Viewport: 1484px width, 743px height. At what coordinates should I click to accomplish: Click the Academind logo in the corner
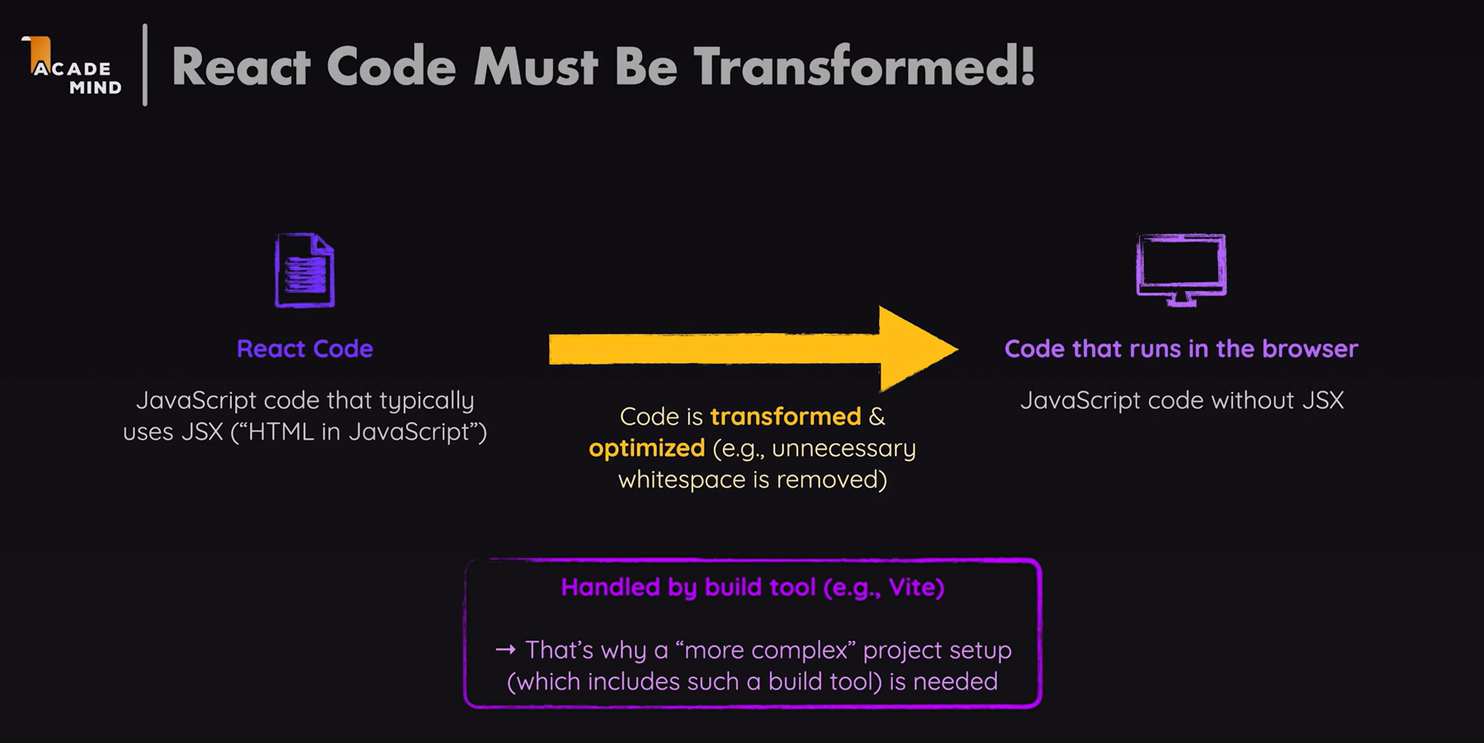point(73,66)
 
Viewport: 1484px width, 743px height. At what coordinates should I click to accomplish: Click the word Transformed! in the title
point(864,66)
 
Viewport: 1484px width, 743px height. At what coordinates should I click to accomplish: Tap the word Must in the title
point(536,66)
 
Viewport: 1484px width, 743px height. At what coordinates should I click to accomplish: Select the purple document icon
point(305,270)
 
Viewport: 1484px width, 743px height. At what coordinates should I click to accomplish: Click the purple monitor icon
point(1181,270)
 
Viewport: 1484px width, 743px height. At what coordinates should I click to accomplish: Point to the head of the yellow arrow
point(957,349)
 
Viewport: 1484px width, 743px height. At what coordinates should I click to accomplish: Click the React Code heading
point(305,349)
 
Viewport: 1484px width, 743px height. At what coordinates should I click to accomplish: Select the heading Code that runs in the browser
point(1181,349)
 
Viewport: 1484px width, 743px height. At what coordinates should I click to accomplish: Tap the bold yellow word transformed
point(786,416)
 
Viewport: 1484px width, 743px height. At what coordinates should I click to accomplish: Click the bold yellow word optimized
point(647,449)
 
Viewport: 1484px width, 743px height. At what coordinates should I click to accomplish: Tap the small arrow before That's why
point(505,650)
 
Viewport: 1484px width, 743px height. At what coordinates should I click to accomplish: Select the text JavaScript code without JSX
point(1182,401)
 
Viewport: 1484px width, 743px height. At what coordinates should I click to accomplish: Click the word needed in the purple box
point(956,682)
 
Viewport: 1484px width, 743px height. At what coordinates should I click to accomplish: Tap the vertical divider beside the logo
point(145,64)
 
